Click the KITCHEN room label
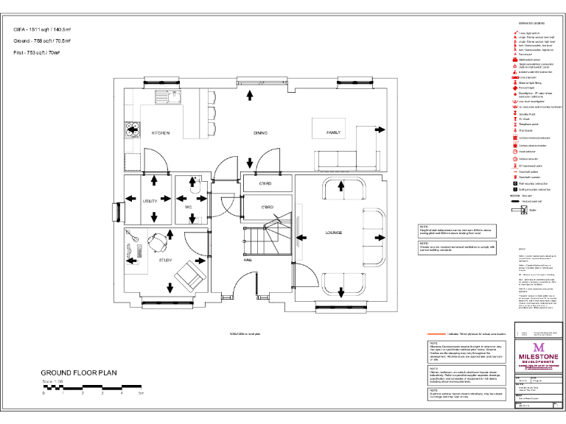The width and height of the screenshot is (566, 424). [161, 133]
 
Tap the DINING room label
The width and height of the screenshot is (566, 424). [260, 133]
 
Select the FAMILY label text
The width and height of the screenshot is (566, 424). [334, 133]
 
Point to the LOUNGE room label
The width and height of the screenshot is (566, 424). [334, 233]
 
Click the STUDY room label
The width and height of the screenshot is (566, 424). [166, 260]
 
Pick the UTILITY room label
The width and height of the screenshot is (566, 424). [150, 200]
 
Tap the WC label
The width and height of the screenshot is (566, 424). [188, 208]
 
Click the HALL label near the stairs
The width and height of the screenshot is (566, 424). [248, 260]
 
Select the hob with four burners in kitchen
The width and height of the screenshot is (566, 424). [133, 129]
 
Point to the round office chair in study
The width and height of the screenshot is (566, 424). [157, 241]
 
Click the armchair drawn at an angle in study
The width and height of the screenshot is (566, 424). [189, 278]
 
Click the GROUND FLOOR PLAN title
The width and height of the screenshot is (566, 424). [79, 373]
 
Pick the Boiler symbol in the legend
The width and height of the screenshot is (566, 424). [515, 209]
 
